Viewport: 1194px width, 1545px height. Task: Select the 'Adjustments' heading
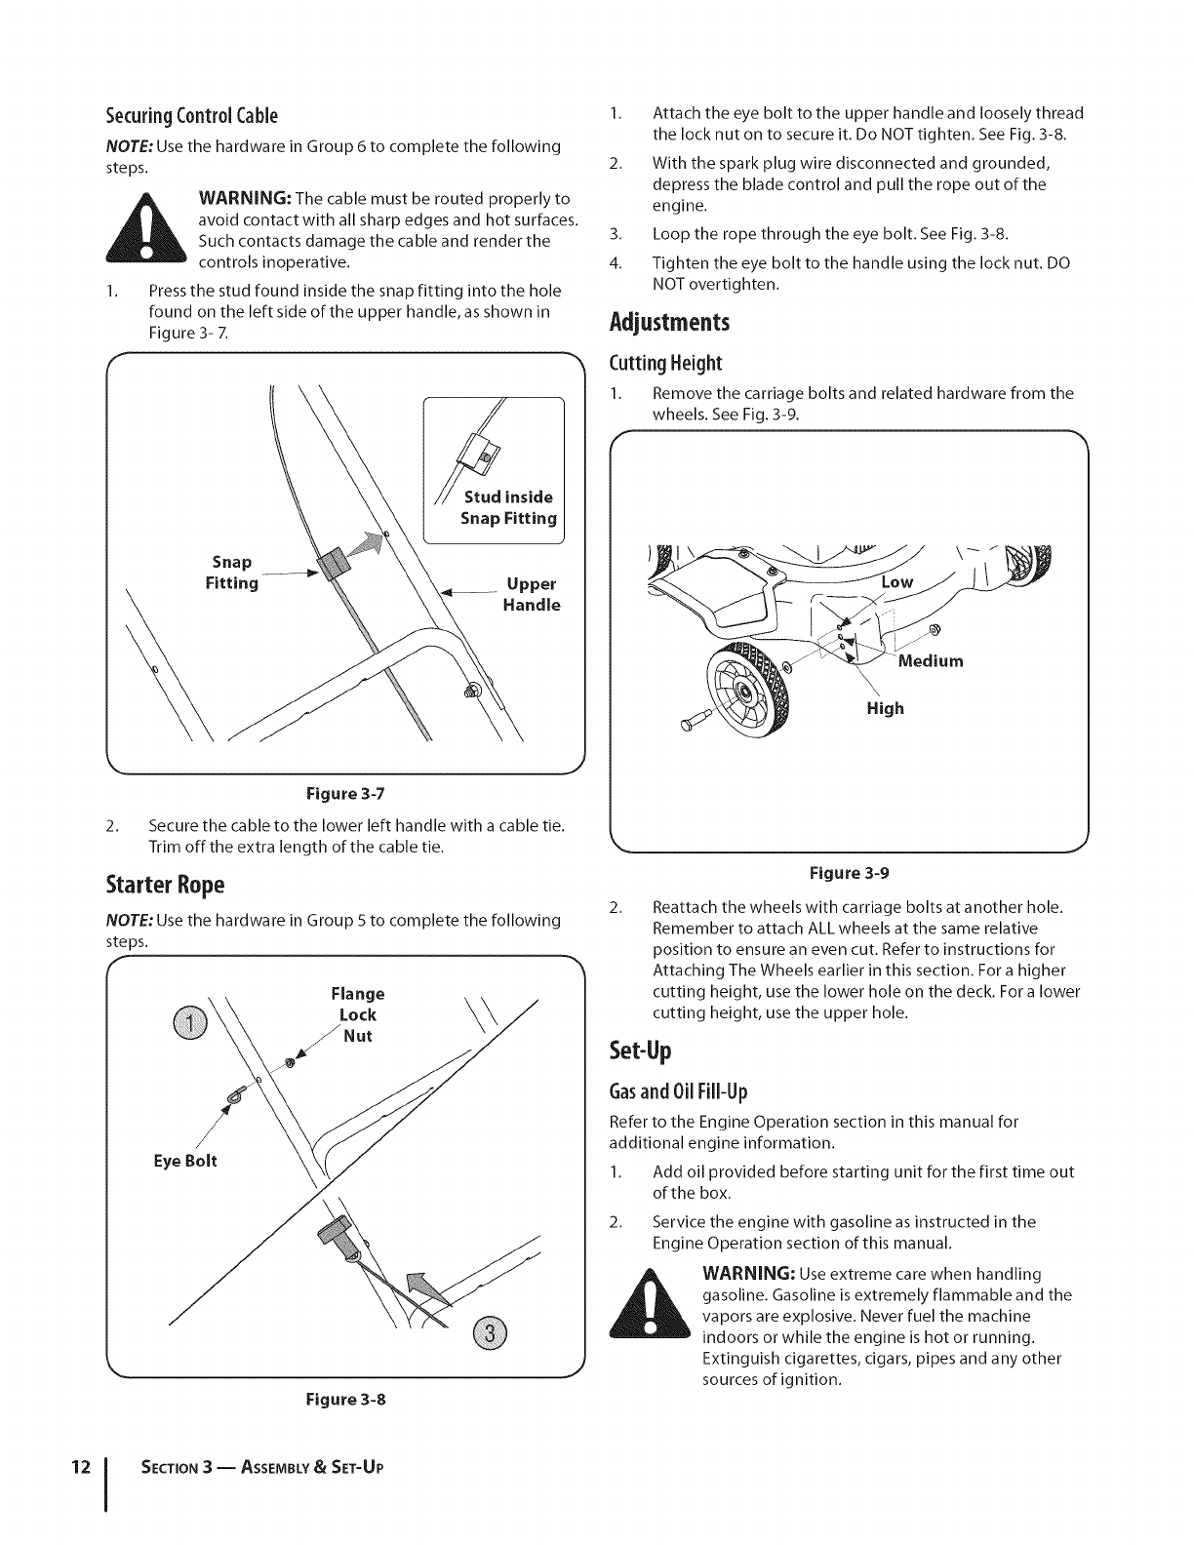pyautogui.click(x=669, y=322)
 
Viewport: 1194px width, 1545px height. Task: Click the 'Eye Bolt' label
pyautogui.click(x=184, y=1161)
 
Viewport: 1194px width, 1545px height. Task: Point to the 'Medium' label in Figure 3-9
pyautogui.click(x=930, y=661)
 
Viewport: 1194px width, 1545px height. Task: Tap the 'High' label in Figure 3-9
pyautogui.click(x=885, y=708)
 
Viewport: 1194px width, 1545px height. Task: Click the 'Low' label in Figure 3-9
pyautogui.click(x=896, y=582)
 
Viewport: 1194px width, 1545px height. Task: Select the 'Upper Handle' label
pyautogui.click(x=532, y=594)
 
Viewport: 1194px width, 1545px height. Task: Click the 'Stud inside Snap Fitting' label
pyautogui.click(x=508, y=507)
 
